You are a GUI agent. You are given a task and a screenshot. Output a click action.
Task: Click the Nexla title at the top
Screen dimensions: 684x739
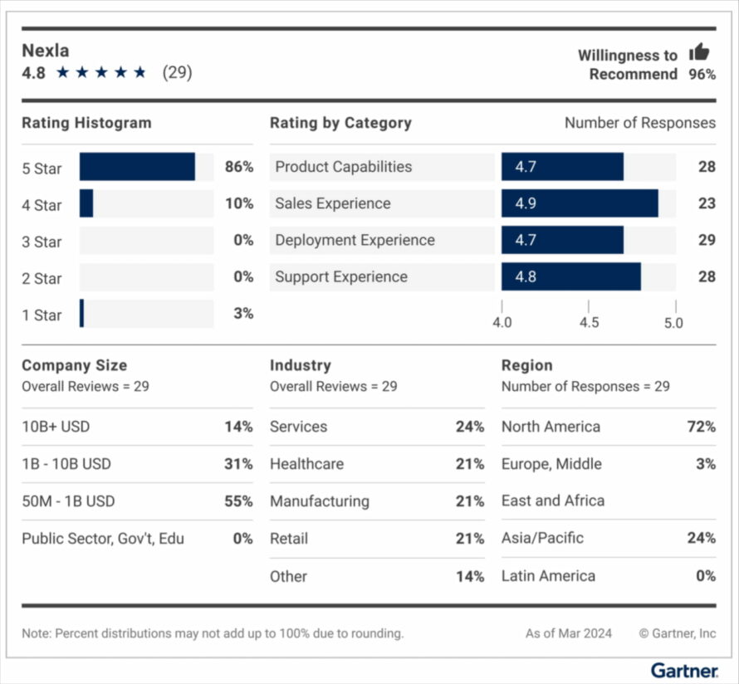pyautogui.click(x=46, y=50)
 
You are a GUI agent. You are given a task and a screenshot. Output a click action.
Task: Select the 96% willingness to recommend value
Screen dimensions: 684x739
pyautogui.click(x=702, y=75)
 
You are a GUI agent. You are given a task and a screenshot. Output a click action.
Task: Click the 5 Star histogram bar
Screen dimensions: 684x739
pyautogui.click(x=137, y=167)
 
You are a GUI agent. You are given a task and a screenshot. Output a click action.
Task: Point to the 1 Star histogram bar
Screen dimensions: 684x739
pyautogui.click(x=81, y=314)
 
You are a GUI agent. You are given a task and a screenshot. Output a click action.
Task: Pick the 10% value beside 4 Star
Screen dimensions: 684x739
pyautogui.click(x=238, y=203)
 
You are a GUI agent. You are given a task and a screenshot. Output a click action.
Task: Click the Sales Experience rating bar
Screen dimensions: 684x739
pyautogui.click(x=579, y=203)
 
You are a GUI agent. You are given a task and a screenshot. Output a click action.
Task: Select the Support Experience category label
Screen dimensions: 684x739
pyautogui.click(x=341, y=277)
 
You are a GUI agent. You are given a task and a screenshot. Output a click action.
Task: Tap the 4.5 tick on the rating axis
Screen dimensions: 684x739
pyautogui.click(x=589, y=322)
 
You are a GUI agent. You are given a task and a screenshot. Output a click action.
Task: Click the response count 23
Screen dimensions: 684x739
pyautogui.click(x=706, y=203)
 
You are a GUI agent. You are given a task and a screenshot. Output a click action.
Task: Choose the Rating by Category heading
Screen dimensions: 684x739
pyautogui.click(x=340, y=123)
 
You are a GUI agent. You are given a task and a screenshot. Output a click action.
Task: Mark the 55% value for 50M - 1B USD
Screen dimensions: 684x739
pyautogui.click(x=238, y=501)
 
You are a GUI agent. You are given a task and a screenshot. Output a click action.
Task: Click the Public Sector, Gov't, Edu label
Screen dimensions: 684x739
pyautogui.click(x=103, y=539)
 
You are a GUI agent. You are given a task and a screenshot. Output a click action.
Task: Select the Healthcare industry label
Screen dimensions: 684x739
pyautogui.click(x=306, y=464)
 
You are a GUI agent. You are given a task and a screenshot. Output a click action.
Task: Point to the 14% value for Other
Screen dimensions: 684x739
pyautogui.click(x=469, y=576)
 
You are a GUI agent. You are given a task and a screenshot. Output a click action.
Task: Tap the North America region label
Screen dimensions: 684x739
pyautogui.click(x=551, y=427)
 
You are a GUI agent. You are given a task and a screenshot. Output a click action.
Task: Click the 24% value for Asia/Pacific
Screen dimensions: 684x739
pyautogui.click(x=701, y=538)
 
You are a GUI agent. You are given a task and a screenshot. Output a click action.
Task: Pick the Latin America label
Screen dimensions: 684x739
pyautogui.click(x=548, y=576)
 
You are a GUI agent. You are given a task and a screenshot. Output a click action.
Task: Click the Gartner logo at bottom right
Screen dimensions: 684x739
pyautogui.click(x=683, y=669)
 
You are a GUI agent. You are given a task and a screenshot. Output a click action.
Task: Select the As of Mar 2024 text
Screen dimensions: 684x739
pyautogui.click(x=568, y=633)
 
